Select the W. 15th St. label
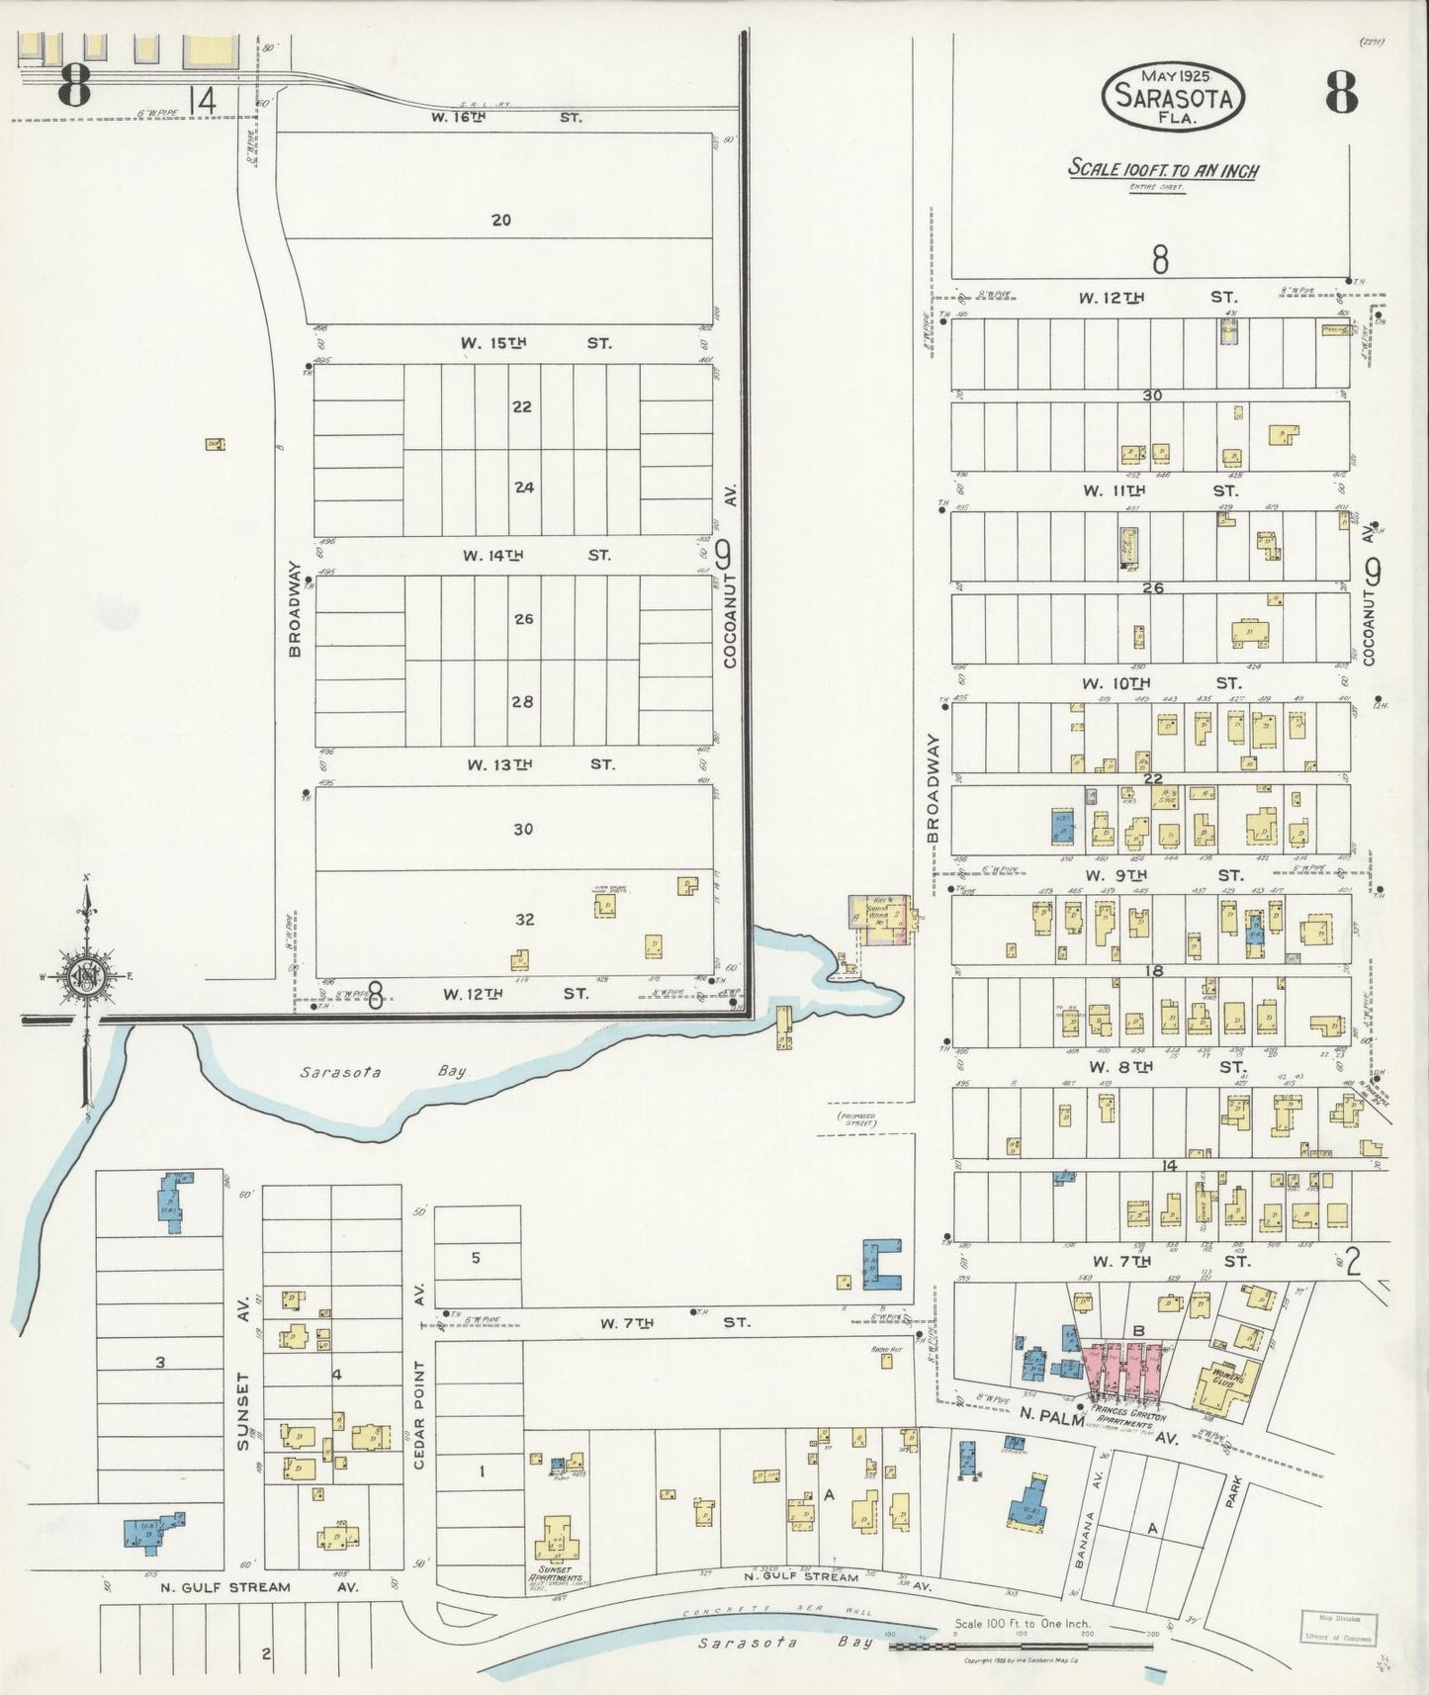coord(535,343)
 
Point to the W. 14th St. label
coord(535,555)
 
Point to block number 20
coord(501,220)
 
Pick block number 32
coord(524,920)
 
